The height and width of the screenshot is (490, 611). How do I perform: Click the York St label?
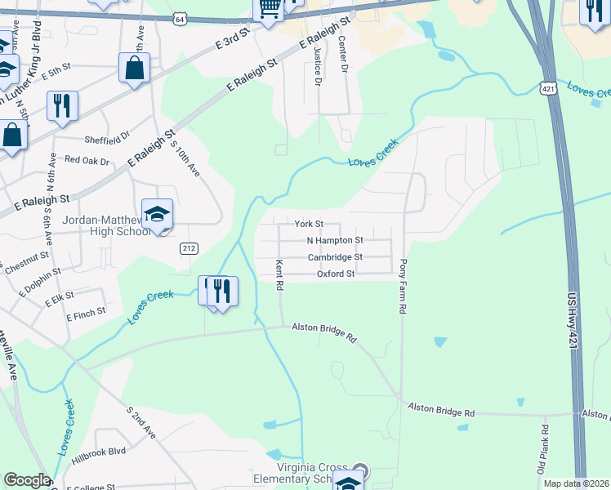pos(309,224)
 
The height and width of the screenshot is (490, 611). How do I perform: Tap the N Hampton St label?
pos(334,241)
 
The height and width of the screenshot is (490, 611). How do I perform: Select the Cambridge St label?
pos(334,257)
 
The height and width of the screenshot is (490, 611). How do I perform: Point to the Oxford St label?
pos(336,274)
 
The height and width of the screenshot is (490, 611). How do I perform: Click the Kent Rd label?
pos(279,275)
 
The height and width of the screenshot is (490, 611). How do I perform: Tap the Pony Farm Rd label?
pos(403,287)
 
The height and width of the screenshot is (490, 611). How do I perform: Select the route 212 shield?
pos(189,247)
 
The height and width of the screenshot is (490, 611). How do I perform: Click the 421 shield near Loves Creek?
pos(547,87)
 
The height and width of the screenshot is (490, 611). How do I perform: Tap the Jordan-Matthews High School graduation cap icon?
pos(157,215)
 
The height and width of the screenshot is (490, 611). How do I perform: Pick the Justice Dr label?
pos(317,66)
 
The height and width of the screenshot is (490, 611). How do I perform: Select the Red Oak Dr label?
pos(87,160)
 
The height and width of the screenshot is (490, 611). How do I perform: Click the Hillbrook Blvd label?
pos(98,451)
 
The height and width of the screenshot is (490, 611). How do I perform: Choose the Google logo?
pos(26,479)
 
